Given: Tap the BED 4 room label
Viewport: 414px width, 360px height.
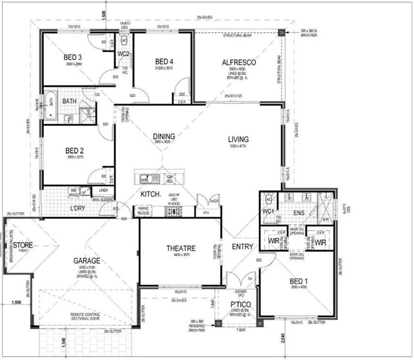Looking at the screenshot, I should [x=164, y=61].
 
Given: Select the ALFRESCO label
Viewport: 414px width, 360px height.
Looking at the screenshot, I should [x=238, y=62].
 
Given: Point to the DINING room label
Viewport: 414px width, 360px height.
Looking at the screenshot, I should [x=164, y=136].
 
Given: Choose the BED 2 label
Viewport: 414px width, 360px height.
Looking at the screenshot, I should [x=75, y=151].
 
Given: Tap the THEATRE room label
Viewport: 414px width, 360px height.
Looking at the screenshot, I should [x=181, y=248].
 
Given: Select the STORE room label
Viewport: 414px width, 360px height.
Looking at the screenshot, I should [x=23, y=245].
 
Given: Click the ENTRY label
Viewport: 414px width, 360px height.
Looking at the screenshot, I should [x=242, y=246].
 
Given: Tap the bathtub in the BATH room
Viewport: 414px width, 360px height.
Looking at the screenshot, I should [x=50, y=105].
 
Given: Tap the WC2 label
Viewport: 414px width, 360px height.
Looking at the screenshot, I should [x=123, y=54].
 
